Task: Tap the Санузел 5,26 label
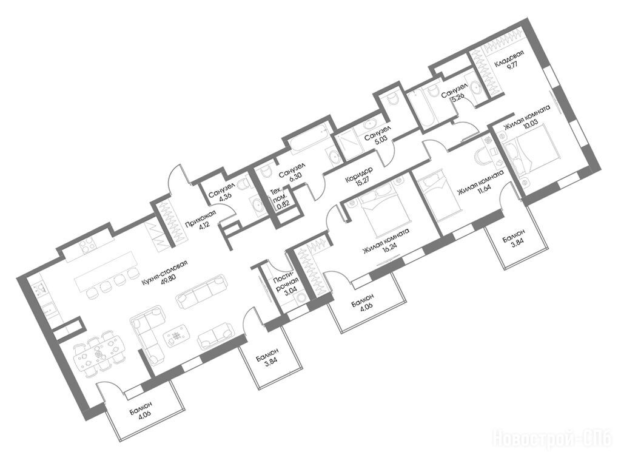pos(455,93)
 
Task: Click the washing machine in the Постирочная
pos(302,297)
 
